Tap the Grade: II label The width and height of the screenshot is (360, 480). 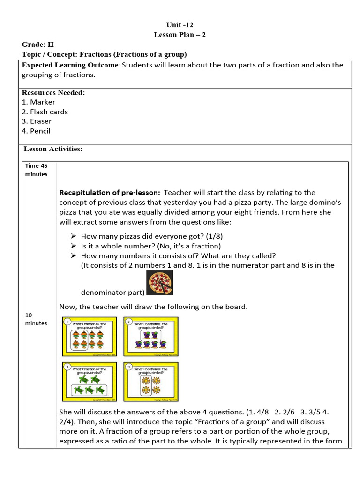38,45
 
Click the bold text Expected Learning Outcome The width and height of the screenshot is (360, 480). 70,65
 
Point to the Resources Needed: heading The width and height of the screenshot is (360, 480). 53,92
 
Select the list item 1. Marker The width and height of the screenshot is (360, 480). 38,102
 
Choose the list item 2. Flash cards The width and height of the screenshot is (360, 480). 45,112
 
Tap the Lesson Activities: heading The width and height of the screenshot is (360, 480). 53,149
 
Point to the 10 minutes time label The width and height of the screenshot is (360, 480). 36,319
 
